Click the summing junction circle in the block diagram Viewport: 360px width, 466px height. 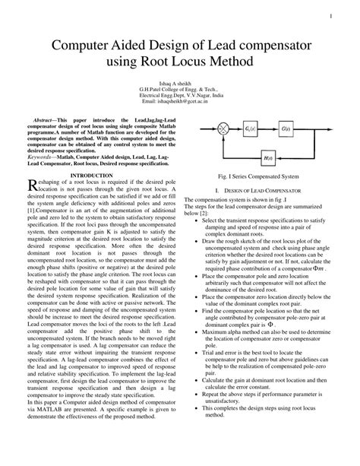(x=224, y=131)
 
